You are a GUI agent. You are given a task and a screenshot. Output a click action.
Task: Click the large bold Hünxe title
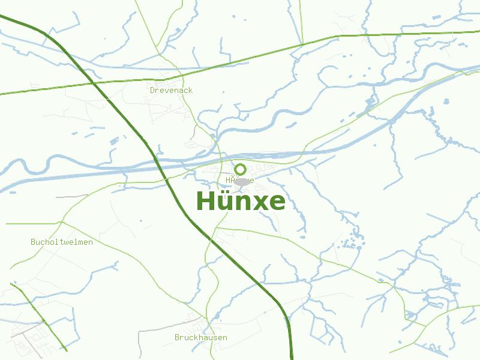coord(241,201)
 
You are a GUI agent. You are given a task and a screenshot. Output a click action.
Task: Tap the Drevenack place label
coord(171,90)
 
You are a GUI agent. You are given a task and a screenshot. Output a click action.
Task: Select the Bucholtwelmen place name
coord(62,242)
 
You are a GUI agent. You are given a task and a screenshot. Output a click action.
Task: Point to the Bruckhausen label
coord(201,338)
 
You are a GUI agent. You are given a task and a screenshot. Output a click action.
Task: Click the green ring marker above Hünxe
coord(240,169)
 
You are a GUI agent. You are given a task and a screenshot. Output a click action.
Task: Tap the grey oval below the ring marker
coord(242,181)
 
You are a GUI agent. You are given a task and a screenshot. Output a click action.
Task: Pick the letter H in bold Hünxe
coord(205,201)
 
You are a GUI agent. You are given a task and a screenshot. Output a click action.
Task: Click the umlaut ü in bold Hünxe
coord(223,202)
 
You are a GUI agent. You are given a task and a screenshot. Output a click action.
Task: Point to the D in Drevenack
coord(152,90)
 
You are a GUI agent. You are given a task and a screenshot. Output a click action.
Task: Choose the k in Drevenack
coord(190,90)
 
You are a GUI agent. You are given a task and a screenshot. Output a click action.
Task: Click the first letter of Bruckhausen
coord(177,338)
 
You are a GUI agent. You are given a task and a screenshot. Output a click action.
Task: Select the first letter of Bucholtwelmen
coord(33,242)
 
